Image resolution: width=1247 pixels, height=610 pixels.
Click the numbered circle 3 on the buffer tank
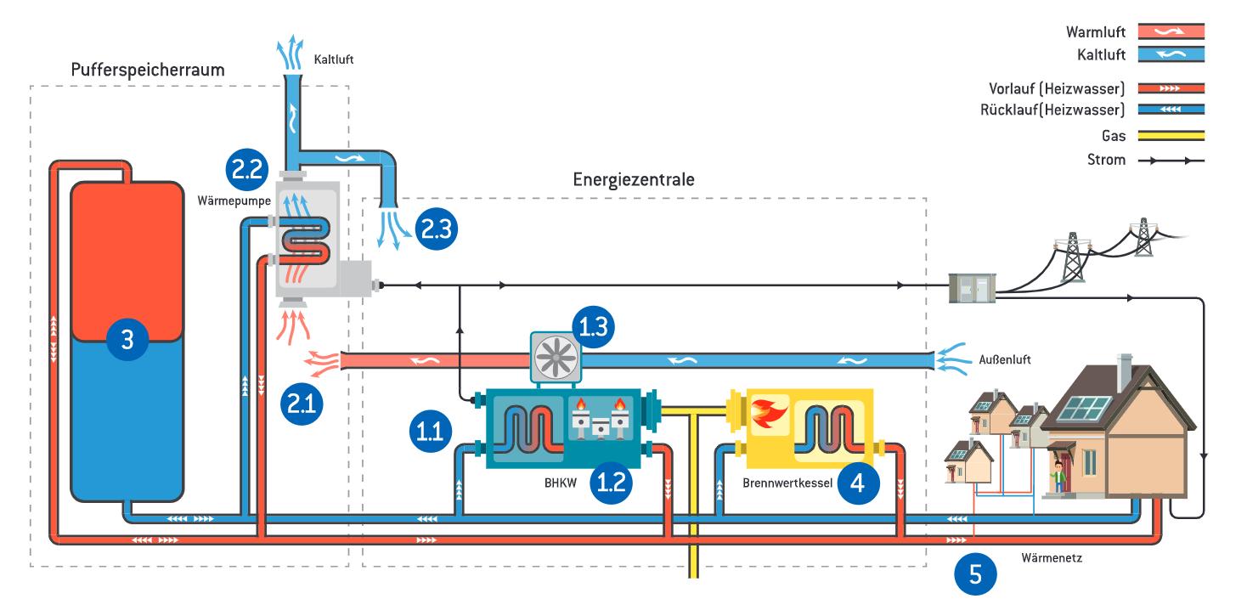127,341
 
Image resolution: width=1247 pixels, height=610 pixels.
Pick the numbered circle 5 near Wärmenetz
975,574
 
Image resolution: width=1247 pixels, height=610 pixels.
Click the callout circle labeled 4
858,483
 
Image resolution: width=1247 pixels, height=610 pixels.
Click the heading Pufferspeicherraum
148,70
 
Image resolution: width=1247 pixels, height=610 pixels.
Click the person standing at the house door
1058,476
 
